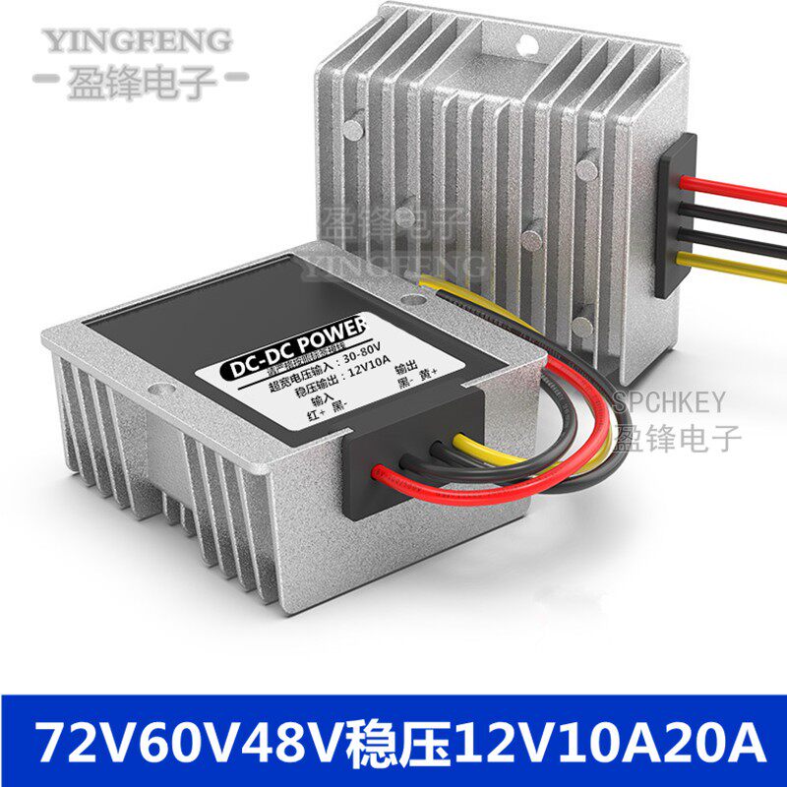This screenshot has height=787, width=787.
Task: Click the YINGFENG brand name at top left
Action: click(x=137, y=41)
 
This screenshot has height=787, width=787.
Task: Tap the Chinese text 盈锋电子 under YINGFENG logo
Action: click(x=137, y=80)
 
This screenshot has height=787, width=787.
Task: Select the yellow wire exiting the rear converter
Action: click(x=738, y=261)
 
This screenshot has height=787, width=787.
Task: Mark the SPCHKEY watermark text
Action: click(x=669, y=402)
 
